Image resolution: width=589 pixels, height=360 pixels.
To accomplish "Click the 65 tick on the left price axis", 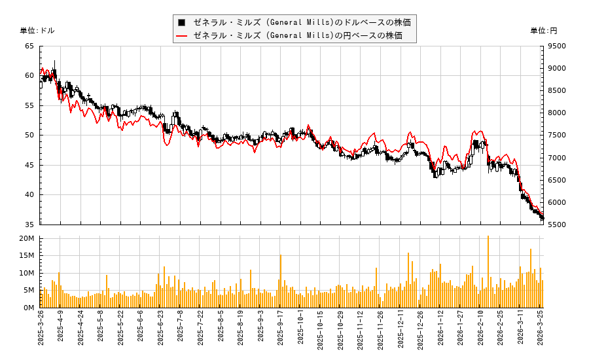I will click(x=29, y=46).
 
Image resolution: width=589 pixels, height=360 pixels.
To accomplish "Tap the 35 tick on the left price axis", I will click(x=29, y=225).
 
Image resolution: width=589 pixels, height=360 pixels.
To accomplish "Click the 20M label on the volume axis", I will click(x=27, y=239).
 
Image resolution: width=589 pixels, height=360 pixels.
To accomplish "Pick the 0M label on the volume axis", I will click(x=29, y=308).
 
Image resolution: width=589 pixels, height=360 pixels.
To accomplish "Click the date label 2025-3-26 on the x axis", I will click(x=41, y=331).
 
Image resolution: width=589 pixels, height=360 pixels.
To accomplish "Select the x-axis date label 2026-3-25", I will click(x=541, y=331).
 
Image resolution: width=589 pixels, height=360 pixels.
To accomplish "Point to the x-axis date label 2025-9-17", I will click(x=281, y=331).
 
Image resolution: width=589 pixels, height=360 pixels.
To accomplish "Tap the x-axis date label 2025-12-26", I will click(x=421, y=331).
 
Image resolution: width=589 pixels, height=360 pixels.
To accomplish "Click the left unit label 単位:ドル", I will click(x=37, y=31).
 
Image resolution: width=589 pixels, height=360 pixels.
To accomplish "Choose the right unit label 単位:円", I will click(x=543, y=31).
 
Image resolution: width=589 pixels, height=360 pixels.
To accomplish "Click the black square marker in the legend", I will click(x=181, y=22).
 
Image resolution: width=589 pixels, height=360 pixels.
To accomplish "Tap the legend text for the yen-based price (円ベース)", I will click(x=298, y=35).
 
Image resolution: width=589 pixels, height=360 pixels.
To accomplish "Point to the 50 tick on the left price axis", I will click(x=29, y=135).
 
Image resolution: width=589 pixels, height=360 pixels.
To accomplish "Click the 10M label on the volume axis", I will click(x=27, y=273).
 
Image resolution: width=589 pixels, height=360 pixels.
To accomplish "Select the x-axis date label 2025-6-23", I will click(x=161, y=331).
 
